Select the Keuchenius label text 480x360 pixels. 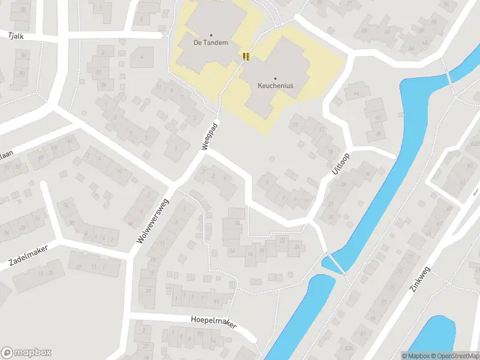[x=275, y=86]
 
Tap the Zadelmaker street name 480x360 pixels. [x=28, y=255]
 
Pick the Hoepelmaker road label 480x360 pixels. [x=214, y=322]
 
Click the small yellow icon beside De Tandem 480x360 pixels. [x=246, y=56]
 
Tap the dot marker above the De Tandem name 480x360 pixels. [x=211, y=35]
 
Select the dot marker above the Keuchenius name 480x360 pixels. [x=275, y=78]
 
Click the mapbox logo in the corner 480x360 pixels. [x=26, y=353]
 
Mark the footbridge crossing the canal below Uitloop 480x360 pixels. [x=335, y=263]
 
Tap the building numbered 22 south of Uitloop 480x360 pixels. [x=282, y=241]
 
